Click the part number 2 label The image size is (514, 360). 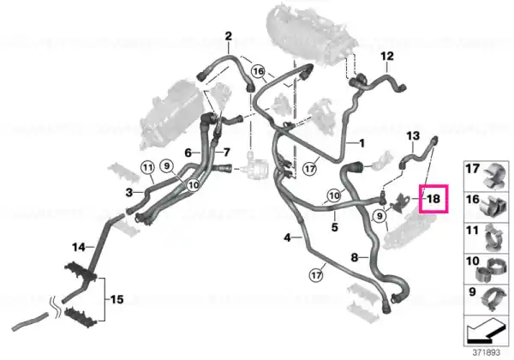228,36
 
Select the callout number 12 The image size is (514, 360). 387,56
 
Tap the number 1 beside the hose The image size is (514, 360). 362,143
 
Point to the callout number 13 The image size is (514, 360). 413,135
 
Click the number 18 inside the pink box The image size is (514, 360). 433,199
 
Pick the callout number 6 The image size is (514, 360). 188,153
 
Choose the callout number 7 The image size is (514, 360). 227,153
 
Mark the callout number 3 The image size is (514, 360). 129,193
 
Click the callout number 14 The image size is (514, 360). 79,247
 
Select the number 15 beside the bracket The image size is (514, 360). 117,299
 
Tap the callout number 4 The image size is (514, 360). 287,237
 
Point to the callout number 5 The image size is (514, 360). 334,227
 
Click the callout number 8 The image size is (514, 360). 355,257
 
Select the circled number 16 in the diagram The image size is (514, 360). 259,71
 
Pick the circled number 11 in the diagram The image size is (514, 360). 148,168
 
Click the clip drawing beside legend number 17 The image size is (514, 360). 494,177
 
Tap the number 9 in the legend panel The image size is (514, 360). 472,291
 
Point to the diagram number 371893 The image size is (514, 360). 486,353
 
